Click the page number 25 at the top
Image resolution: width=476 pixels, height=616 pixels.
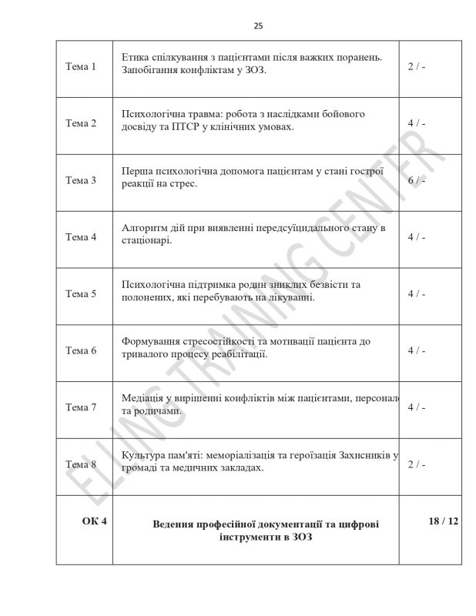(258, 25)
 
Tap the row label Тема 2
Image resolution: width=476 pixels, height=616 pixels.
(81, 123)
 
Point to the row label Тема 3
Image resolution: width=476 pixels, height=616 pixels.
(81, 180)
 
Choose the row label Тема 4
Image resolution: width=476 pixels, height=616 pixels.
(81, 236)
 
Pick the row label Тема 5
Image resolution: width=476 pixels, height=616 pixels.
(81, 293)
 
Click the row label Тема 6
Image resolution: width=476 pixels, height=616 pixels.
(81, 350)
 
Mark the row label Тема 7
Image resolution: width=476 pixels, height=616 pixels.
(81, 407)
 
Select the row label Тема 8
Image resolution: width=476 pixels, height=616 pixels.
(81, 464)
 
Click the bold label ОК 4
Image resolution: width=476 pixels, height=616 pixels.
(94, 521)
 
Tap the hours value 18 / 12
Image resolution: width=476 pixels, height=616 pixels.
(442, 521)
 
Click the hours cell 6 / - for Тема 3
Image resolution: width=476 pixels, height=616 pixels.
(417, 180)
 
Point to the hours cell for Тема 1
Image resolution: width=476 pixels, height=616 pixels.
(417, 66)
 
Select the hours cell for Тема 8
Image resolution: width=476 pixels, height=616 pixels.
(417, 464)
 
